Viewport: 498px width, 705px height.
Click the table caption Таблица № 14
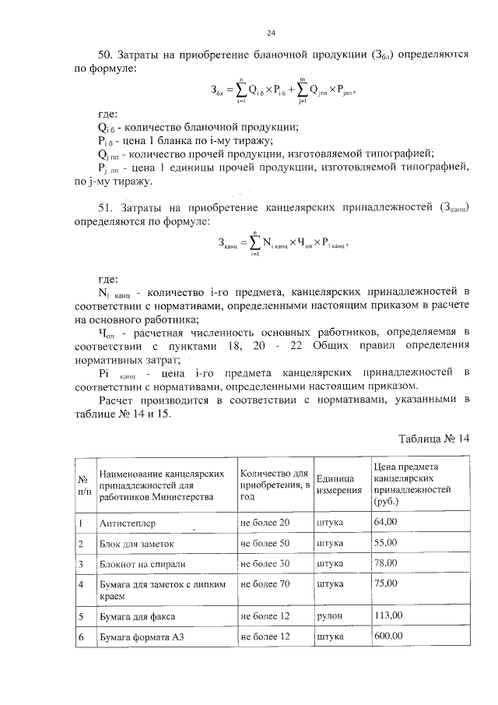435,439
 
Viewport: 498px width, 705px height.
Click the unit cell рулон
330,615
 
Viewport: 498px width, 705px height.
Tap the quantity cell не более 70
265,582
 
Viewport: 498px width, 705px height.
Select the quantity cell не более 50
265,542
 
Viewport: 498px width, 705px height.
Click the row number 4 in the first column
81,583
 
